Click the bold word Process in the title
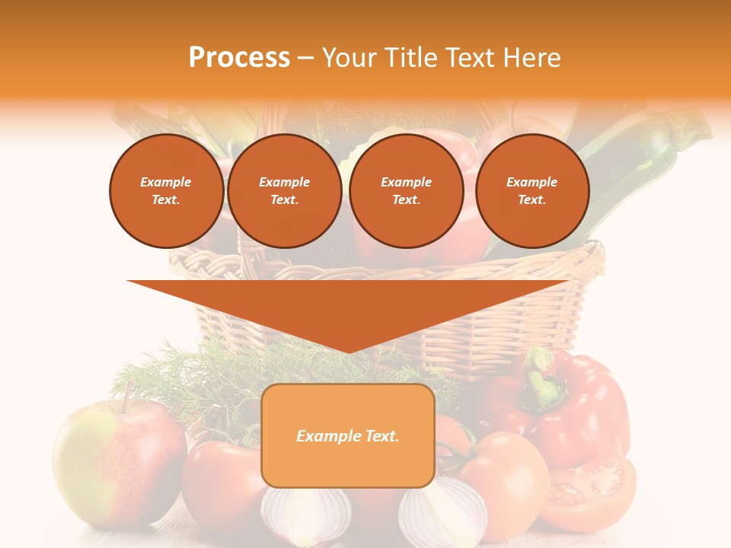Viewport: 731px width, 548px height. tap(239, 58)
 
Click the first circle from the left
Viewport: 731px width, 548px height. tap(166, 191)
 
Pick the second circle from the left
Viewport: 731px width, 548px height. tap(284, 191)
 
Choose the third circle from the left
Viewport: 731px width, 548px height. tap(406, 191)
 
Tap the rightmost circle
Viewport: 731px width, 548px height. tap(531, 191)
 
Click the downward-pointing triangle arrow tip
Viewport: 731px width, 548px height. tap(348, 349)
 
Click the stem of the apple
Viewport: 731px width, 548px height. tap(128, 393)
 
